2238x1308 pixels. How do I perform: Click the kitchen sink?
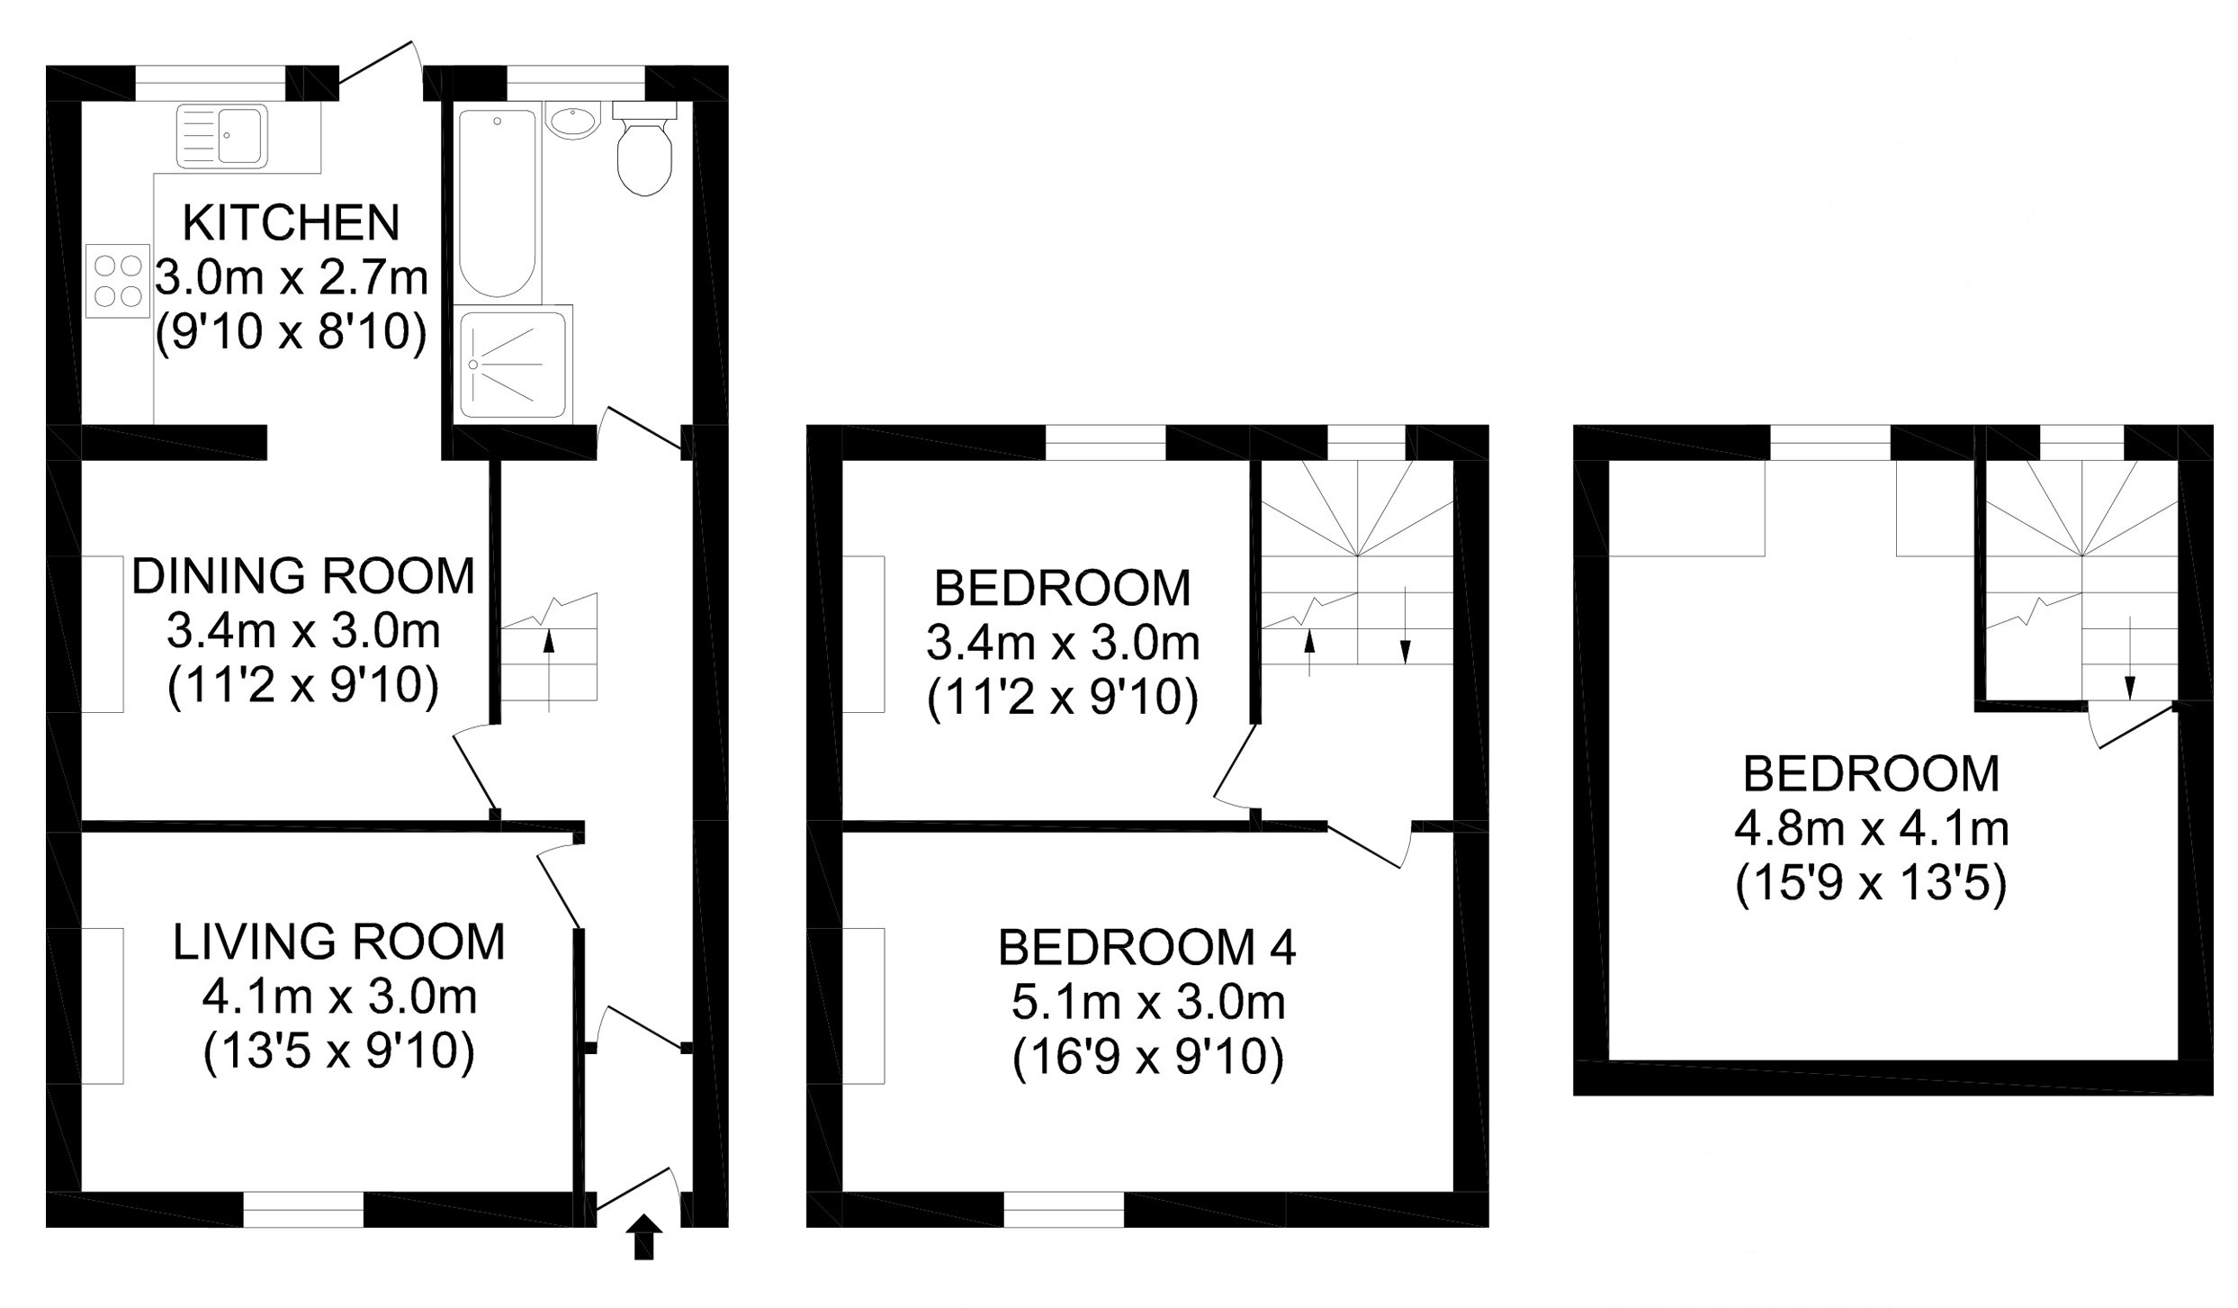(x=222, y=136)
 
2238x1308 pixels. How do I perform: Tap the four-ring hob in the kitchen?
(x=118, y=281)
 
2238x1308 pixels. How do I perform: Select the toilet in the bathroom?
(x=644, y=149)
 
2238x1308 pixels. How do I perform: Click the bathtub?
(x=497, y=203)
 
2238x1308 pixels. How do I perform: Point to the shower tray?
(x=514, y=364)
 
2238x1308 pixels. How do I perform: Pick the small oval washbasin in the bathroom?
(x=572, y=120)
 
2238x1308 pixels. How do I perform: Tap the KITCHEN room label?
(x=292, y=223)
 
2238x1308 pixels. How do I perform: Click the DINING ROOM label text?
(x=303, y=576)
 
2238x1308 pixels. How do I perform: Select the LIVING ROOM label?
(x=339, y=943)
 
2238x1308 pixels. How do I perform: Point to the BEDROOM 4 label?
(x=1147, y=947)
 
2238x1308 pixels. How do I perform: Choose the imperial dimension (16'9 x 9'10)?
(x=1147, y=1059)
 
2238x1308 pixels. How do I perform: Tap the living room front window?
(x=303, y=1209)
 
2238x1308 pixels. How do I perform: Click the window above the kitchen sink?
(x=211, y=83)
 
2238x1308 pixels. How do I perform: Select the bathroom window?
(x=576, y=83)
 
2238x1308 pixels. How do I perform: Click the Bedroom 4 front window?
(x=1064, y=1209)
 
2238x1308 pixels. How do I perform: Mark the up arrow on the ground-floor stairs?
(x=549, y=672)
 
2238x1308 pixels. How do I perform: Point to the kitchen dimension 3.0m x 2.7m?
(x=292, y=278)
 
